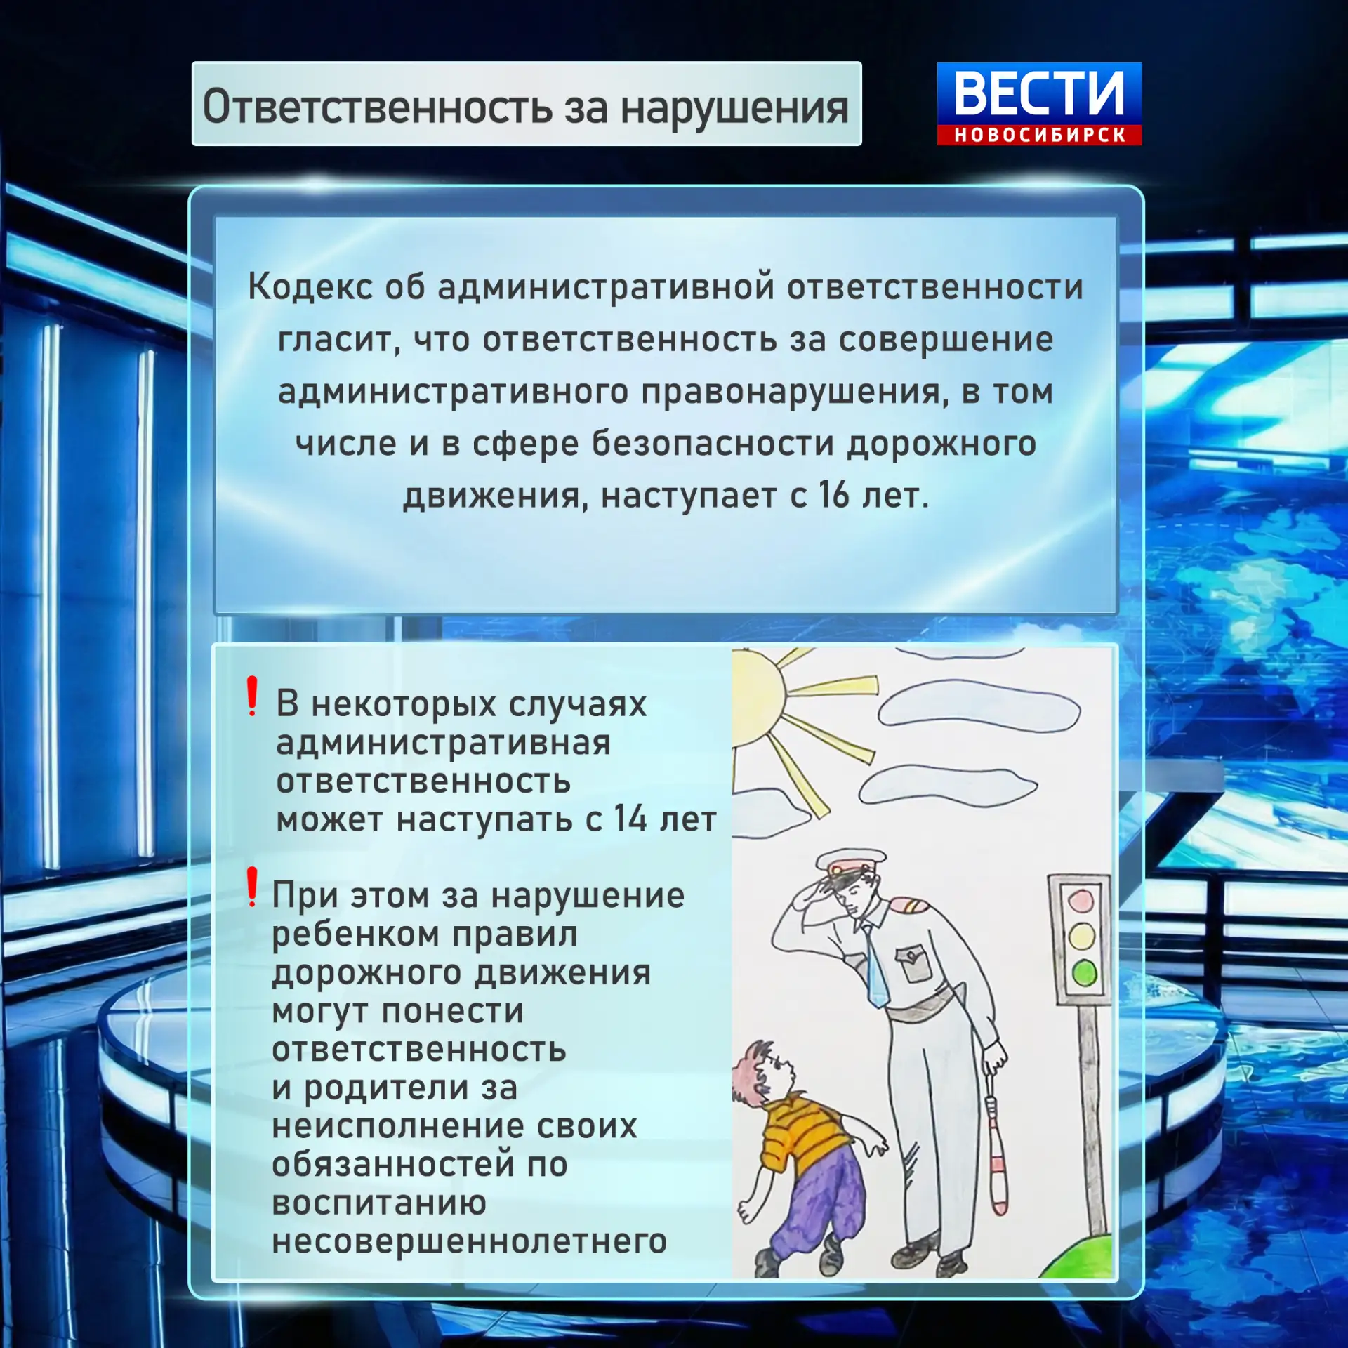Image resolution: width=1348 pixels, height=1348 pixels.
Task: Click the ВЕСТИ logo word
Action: click(x=1039, y=93)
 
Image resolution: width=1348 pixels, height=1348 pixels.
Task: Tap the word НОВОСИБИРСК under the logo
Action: click(x=1040, y=135)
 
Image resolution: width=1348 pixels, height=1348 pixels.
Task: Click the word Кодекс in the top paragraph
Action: click(x=310, y=286)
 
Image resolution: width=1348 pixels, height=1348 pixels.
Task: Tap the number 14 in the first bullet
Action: click(x=630, y=819)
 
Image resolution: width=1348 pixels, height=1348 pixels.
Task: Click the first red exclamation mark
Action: click(x=252, y=696)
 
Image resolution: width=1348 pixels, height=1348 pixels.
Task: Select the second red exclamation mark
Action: click(x=252, y=887)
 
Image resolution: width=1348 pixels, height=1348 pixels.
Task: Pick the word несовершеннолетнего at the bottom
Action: click(x=469, y=1241)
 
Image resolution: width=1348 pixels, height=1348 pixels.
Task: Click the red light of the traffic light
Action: click(x=1081, y=901)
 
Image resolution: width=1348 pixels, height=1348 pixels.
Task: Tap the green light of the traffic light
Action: click(x=1085, y=974)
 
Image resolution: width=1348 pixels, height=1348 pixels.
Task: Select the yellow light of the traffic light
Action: click(x=1082, y=937)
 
